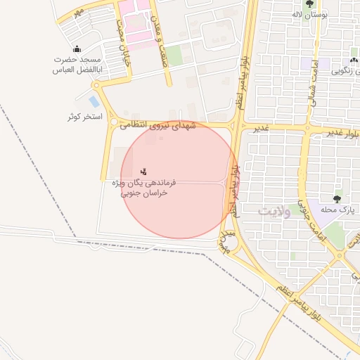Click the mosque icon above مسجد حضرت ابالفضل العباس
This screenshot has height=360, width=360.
pyautogui.click(x=77, y=49)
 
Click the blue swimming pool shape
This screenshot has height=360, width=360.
pyautogui.click(x=94, y=101)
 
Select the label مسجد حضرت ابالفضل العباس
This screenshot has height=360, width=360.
pyautogui.click(x=78, y=65)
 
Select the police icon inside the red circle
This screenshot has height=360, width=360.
pyautogui.click(x=144, y=171)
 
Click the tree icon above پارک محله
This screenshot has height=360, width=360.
pyautogui.click(x=337, y=198)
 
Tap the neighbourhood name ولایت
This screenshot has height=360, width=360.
pyautogui.click(x=274, y=211)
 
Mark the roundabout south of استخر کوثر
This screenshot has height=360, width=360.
pyautogui.click(x=113, y=123)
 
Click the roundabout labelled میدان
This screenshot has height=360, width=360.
pyautogui.click(x=227, y=238)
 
